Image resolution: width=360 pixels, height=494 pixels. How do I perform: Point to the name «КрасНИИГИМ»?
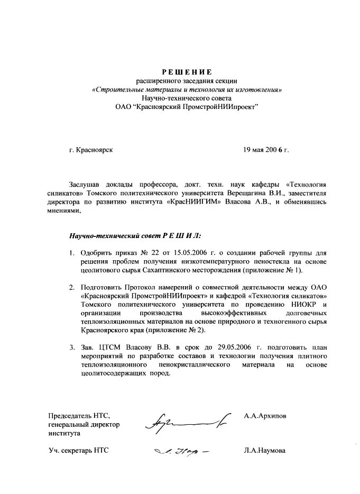[192, 202]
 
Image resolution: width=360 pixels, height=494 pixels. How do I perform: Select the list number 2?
[71, 287]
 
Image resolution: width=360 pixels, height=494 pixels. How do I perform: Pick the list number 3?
[71, 347]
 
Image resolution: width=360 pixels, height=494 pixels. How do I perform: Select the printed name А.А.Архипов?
[265, 416]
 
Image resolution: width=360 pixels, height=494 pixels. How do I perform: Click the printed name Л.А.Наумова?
[265, 451]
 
